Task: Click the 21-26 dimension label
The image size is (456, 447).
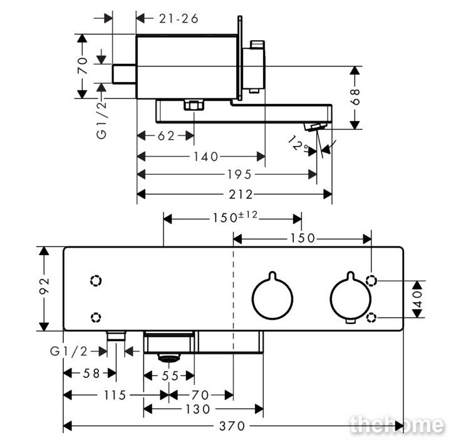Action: coord(179,19)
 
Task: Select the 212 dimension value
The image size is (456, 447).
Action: coord(241,194)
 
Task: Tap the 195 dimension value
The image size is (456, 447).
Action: coord(239,175)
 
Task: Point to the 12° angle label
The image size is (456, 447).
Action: coord(298,144)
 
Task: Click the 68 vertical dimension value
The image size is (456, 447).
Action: coord(355,97)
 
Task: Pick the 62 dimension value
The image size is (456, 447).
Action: coord(166,136)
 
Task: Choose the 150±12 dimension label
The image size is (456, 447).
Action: coord(235,217)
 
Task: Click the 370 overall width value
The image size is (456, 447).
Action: coord(232,426)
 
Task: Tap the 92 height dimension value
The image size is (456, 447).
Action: coord(44,286)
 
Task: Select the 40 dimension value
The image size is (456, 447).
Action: coord(417,299)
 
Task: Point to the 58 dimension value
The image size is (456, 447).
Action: coord(91,374)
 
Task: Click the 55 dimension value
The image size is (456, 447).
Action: coord(170,376)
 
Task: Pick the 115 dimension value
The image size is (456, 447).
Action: coord(115,395)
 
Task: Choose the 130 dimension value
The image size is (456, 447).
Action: coord(198,409)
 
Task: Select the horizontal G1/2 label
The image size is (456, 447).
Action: coord(69,352)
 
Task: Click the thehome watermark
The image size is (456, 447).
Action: coord(397,424)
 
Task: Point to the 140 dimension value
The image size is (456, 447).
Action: coord(206,157)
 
